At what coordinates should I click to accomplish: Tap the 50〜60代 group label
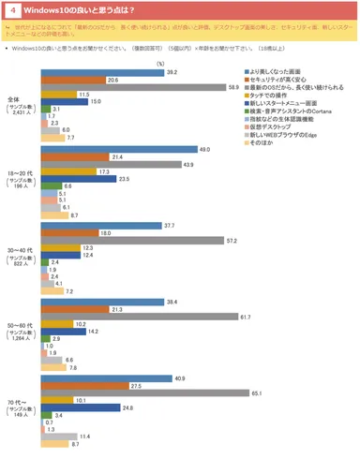[39, 330]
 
